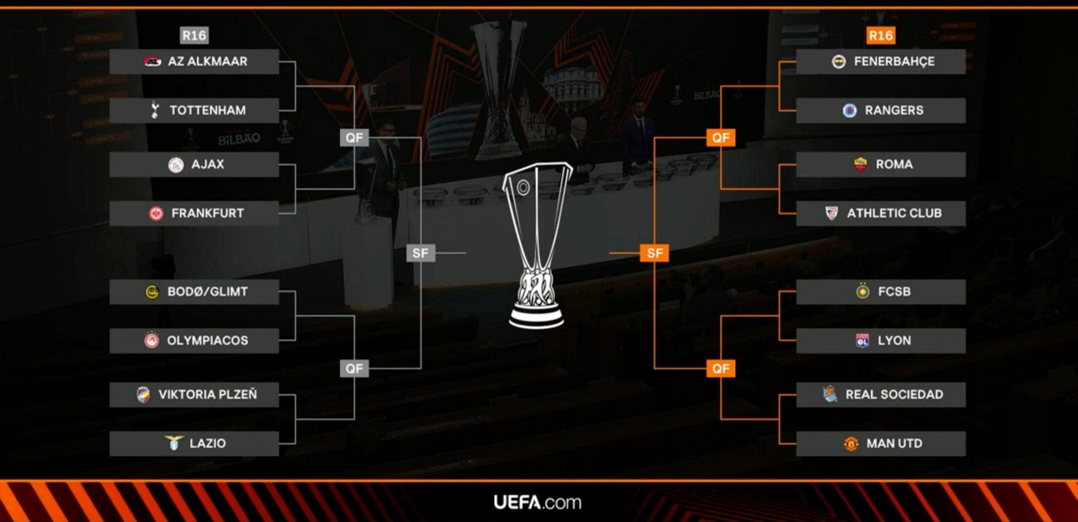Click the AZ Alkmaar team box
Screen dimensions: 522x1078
(194, 61)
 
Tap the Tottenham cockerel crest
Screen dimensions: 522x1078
(155, 110)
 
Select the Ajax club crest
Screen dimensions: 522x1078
(176, 165)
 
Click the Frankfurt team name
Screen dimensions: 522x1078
(208, 213)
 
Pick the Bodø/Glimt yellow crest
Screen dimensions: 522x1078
(152, 292)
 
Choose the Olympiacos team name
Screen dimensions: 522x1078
(208, 341)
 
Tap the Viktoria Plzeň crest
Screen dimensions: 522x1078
(143, 395)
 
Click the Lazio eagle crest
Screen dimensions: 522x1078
(173, 443)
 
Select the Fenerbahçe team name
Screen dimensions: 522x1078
(894, 61)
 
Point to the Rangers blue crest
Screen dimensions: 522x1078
(850, 111)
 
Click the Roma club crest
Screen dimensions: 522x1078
(860, 164)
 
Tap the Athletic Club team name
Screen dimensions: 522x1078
(894, 213)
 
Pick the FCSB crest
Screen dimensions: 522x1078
(863, 291)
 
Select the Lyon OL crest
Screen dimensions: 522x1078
(862, 341)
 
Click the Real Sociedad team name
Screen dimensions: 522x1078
(894, 394)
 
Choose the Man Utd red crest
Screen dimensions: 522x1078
(851, 444)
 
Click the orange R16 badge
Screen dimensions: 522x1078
(881, 35)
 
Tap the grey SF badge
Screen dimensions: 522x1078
(420, 253)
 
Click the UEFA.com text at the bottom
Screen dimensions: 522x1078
(537, 503)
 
